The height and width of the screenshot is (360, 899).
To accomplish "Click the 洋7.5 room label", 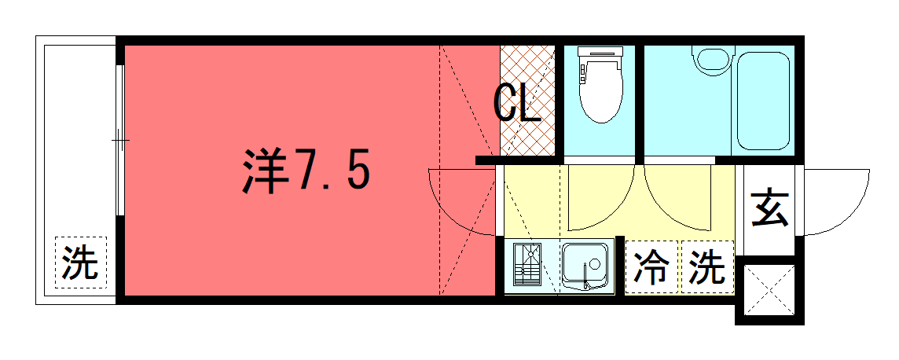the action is (306, 171).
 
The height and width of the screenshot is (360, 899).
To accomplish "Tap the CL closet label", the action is (518, 103).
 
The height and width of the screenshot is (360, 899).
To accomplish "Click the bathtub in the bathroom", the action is (762, 101).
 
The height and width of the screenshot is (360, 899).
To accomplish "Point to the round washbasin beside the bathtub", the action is (712, 59).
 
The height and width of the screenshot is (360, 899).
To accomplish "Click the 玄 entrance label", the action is (770, 208).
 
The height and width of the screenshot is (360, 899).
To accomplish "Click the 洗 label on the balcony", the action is (80, 263).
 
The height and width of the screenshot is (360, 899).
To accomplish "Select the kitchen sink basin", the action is (585, 265).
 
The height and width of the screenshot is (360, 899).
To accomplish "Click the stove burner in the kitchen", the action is (527, 264).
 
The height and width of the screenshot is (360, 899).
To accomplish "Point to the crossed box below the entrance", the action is (769, 289).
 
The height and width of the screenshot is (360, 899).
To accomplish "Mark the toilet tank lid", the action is (600, 53).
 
